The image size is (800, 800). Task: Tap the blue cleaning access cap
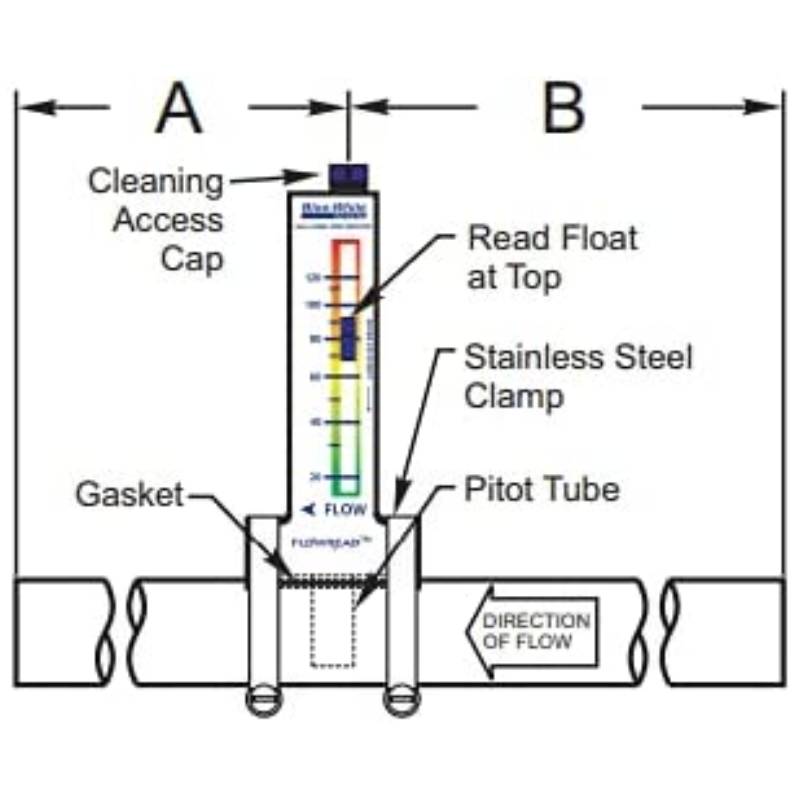click(x=347, y=178)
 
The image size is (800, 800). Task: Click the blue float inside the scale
click(x=347, y=338)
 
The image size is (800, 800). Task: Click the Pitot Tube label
click(x=541, y=490)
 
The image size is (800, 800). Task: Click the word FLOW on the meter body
click(x=346, y=510)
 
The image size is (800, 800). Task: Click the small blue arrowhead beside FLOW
click(x=309, y=510)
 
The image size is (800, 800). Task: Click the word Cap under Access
click(x=195, y=259)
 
